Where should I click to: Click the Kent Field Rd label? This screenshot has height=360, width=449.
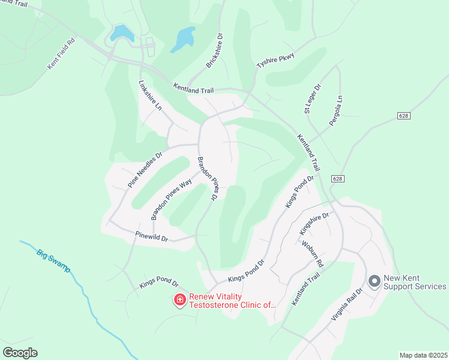tap(62, 52)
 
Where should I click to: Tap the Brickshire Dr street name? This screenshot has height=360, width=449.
tap(215, 50)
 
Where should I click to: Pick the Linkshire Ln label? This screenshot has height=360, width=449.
tap(151, 96)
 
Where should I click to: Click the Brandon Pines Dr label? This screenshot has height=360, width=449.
tap(206, 178)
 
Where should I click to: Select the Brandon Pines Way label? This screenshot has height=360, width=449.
tap(172, 199)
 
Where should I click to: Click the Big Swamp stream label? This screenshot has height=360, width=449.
tap(53, 260)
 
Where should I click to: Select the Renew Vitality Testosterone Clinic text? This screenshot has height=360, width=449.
tap(233, 301)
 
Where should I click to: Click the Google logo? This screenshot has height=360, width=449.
tap(20, 353)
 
